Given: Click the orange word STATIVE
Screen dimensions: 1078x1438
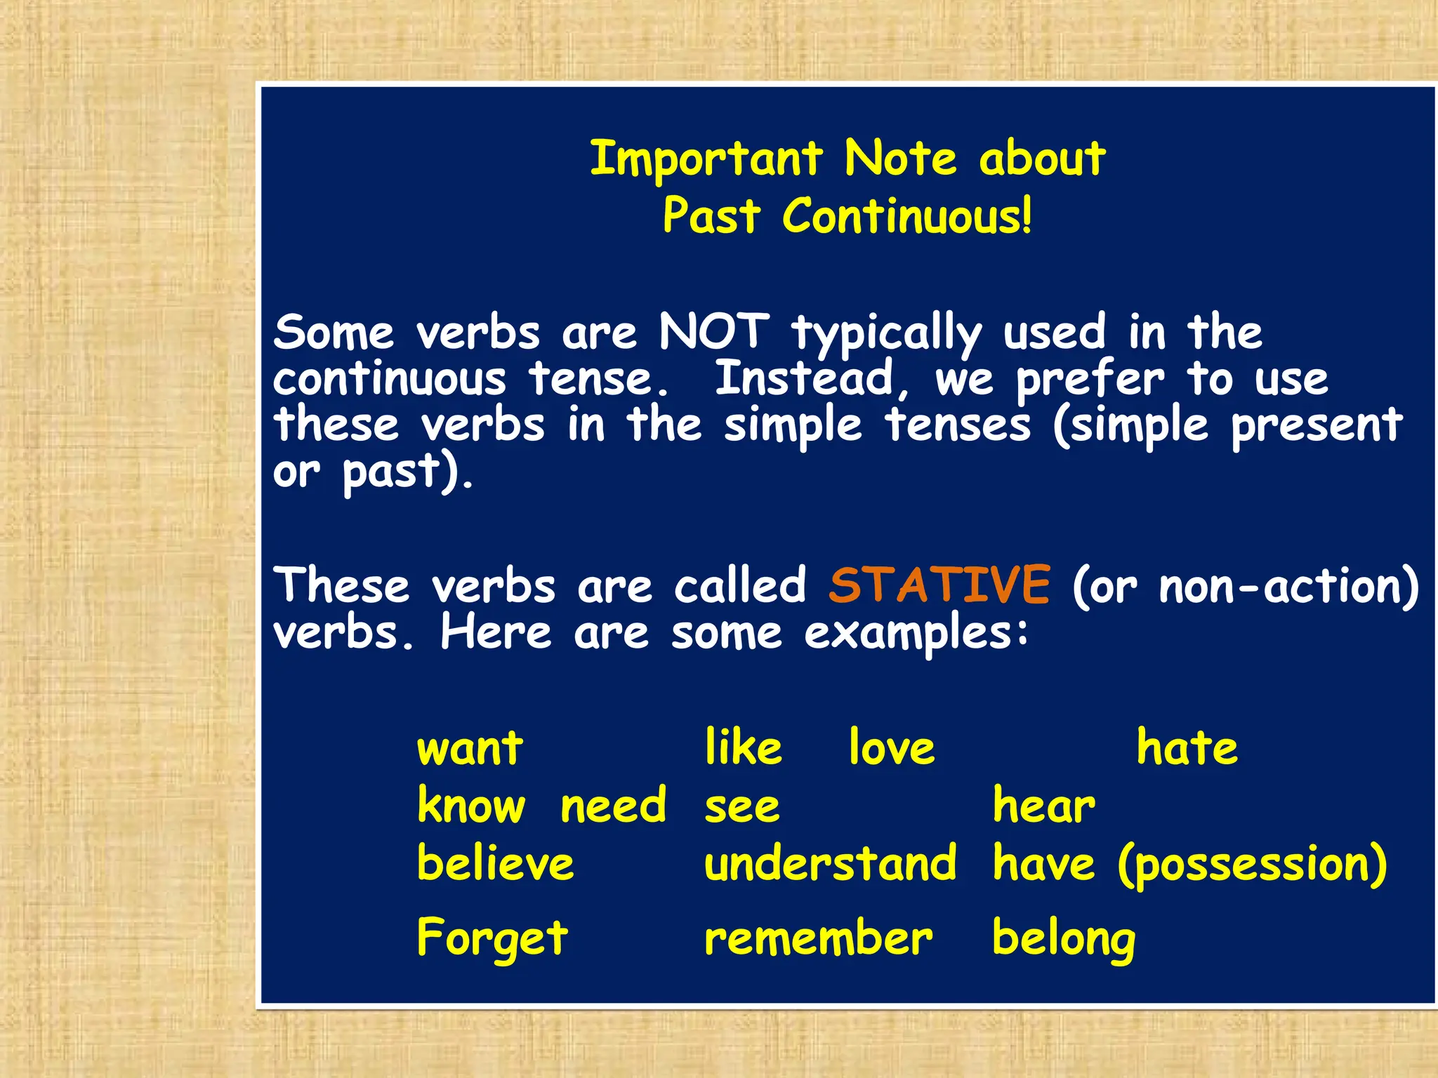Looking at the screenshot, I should [x=939, y=585].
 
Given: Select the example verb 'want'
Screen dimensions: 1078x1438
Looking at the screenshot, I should [x=470, y=748].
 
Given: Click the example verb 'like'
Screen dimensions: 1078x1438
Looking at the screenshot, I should [x=743, y=747].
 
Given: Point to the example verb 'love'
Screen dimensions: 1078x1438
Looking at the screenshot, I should [x=892, y=747].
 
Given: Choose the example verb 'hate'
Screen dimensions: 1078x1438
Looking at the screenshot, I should [x=1187, y=747].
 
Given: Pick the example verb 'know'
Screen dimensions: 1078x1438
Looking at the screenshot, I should [x=470, y=805].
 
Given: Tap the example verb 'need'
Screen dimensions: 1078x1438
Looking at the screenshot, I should [x=613, y=806].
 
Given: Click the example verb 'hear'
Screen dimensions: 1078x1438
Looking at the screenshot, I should [x=1043, y=805].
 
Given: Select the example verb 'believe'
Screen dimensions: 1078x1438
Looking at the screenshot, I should [x=495, y=863].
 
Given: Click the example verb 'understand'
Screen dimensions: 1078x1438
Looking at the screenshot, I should [x=830, y=863].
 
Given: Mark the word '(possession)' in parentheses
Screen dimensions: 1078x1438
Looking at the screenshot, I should [x=1252, y=865].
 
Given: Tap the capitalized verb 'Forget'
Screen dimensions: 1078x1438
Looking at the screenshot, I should [x=492, y=938].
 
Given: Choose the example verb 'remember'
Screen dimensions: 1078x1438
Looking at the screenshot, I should [x=818, y=938].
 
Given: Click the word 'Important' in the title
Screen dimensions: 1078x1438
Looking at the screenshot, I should [x=705, y=159].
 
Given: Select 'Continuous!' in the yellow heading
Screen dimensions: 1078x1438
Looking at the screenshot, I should [x=907, y=215].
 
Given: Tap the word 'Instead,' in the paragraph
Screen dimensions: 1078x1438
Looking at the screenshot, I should [x=812, y=380].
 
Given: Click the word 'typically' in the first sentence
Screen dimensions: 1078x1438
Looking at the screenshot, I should [x=886, y=333].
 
